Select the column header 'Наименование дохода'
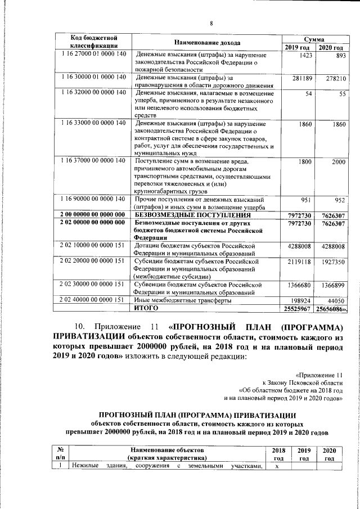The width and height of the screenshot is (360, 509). (206, 43)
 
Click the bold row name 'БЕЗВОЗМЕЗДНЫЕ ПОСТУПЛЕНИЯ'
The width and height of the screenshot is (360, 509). (192, 214)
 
